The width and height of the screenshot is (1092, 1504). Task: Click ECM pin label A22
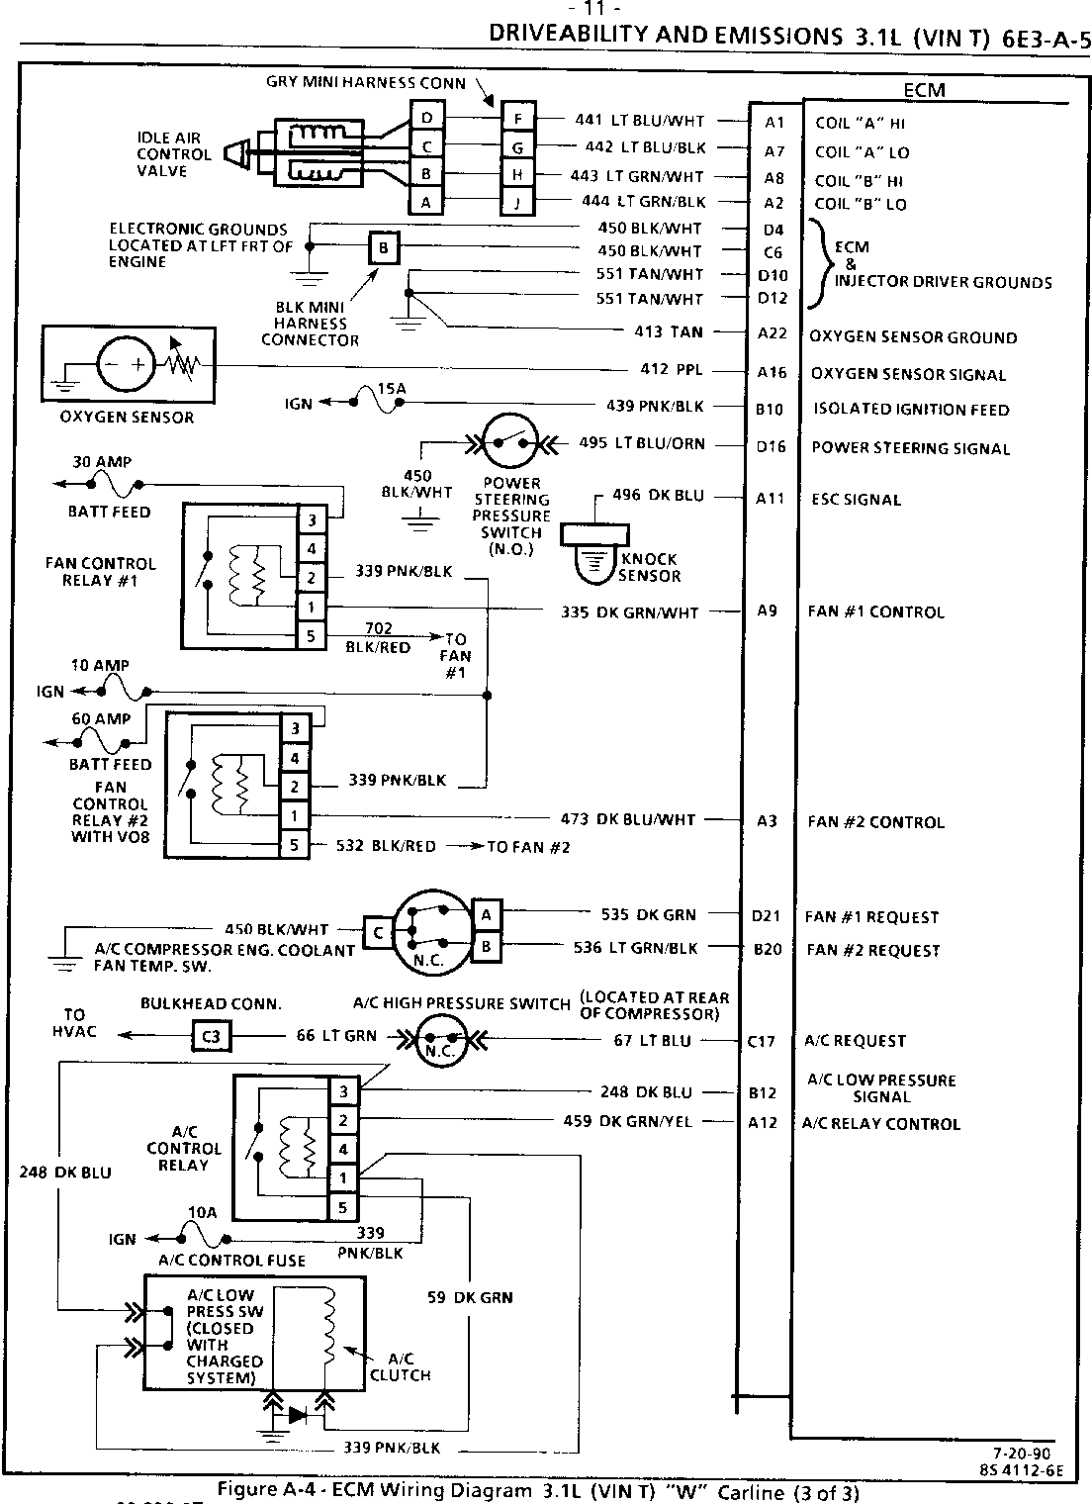point(772,334)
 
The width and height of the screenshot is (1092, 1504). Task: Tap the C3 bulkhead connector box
point(210,1036)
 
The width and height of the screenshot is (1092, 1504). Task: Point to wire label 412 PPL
point(672,370)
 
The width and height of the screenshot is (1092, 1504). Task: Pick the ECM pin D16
point(772,446)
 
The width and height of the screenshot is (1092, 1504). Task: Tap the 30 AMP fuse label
point(102,462)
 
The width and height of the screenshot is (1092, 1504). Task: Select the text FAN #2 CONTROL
point(875,822)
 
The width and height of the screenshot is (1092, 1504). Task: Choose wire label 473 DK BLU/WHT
point(628,819)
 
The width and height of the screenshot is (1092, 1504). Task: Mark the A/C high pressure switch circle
point(439,1038)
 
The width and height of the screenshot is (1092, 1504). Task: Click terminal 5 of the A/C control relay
point(342,1207)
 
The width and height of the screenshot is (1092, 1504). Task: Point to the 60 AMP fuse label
point(101,719)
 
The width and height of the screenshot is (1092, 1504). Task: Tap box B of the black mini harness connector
point(384,246)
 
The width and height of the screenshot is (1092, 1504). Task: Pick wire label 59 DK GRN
point(470,1297)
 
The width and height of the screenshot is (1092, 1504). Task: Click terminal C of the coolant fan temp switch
point(378,932)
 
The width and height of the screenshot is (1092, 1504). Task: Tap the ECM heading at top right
point(924,90)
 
